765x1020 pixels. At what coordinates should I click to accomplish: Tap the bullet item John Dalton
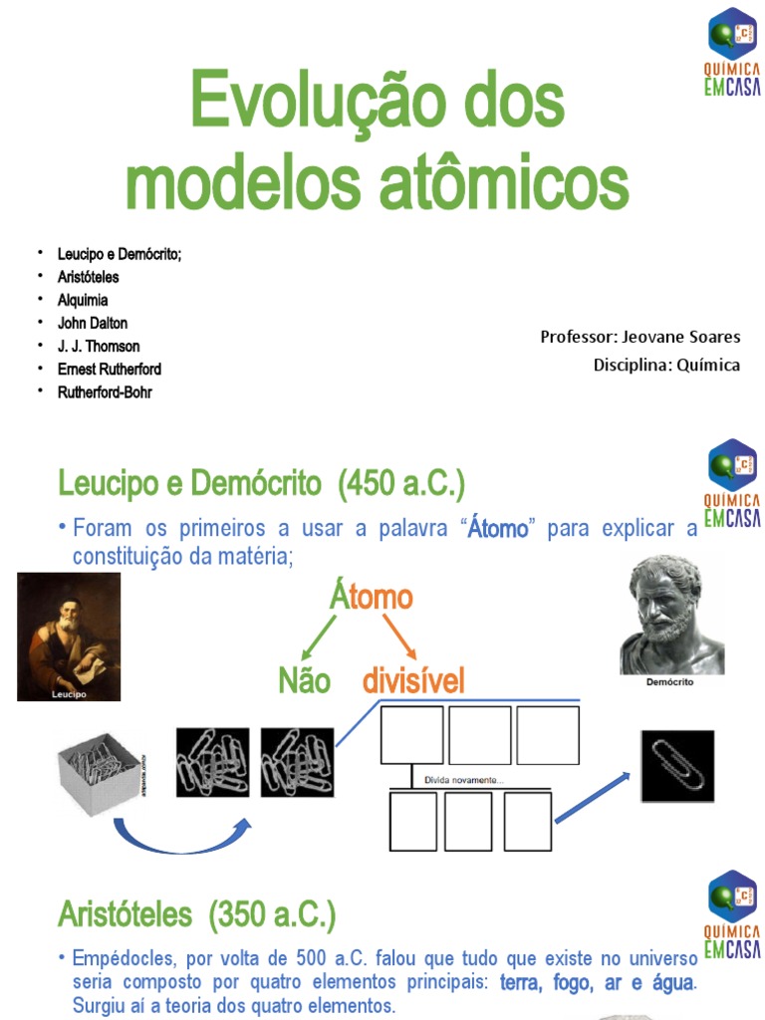[93, 323]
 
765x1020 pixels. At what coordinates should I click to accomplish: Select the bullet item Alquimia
[83, 300]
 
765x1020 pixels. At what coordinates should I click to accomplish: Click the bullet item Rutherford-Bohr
[105, 391]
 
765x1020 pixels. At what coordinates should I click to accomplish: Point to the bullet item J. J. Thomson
[99, 346]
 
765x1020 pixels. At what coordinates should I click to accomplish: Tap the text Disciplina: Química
[666, 365]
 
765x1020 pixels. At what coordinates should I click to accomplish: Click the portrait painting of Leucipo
[69, 636]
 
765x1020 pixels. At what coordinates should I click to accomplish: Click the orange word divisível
[412, 683]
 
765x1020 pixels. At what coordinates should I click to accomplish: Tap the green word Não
[304, 683]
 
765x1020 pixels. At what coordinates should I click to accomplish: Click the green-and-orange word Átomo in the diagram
[371, 598]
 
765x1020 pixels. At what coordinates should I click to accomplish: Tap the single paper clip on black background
[676, 766]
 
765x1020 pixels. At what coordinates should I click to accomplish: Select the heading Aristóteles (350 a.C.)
[196, 913]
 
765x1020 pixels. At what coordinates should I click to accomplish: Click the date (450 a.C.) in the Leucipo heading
[401, 486]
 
